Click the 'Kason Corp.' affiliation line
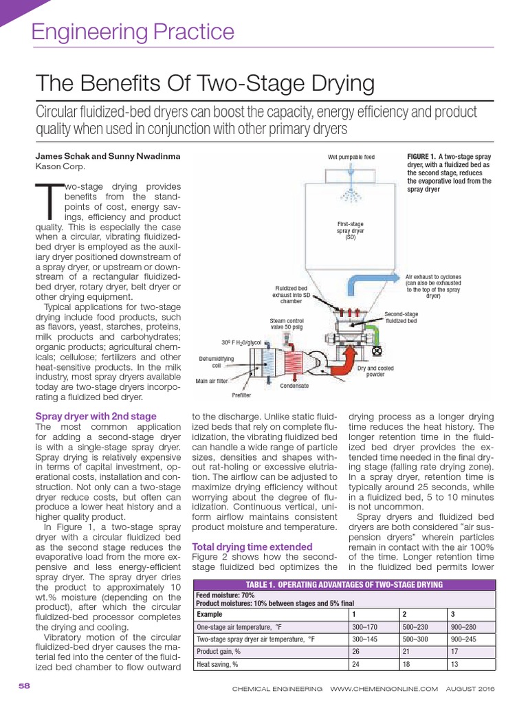(61, 166)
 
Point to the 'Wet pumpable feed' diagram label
(351, 157)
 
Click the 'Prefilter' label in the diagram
(241, 395)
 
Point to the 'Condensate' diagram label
(294, 386)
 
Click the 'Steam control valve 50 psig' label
(286, 324)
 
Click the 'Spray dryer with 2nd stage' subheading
(96, 416)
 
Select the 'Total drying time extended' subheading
(252, 547)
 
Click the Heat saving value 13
(454, 664)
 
